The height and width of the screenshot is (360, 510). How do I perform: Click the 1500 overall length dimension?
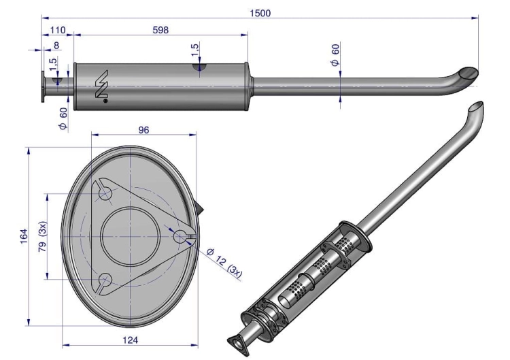click(x=260, y=13)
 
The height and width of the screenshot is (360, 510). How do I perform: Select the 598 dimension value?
click(x=160, y=30)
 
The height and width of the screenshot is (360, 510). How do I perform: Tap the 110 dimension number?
click(x=58, y=30)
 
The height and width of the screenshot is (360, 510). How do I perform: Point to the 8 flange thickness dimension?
click(x=56, y=45)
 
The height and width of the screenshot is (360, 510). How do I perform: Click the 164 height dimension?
click(x=24, y=237)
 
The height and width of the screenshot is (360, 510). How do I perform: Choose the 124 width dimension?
click(x=130, y=340)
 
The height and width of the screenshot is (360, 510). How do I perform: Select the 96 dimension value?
click(x=143, y=130)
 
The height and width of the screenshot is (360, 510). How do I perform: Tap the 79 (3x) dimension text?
click(x=43, y=237)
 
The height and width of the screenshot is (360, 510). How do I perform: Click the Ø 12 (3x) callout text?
click(x=224, y=263)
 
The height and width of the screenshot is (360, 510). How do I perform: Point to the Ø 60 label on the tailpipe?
click(x=335, y=54)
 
